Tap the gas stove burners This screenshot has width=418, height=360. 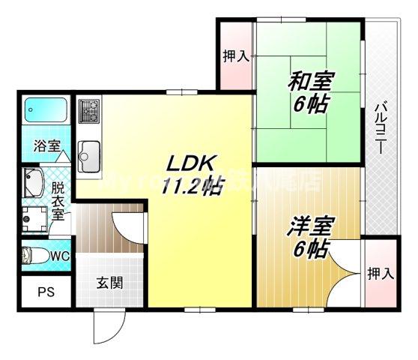89,112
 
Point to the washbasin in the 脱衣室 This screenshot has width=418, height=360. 34,182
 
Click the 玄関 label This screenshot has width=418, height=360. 109,284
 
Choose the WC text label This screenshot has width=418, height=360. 60,255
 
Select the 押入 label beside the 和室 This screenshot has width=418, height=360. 236,55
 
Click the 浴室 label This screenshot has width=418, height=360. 46,147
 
